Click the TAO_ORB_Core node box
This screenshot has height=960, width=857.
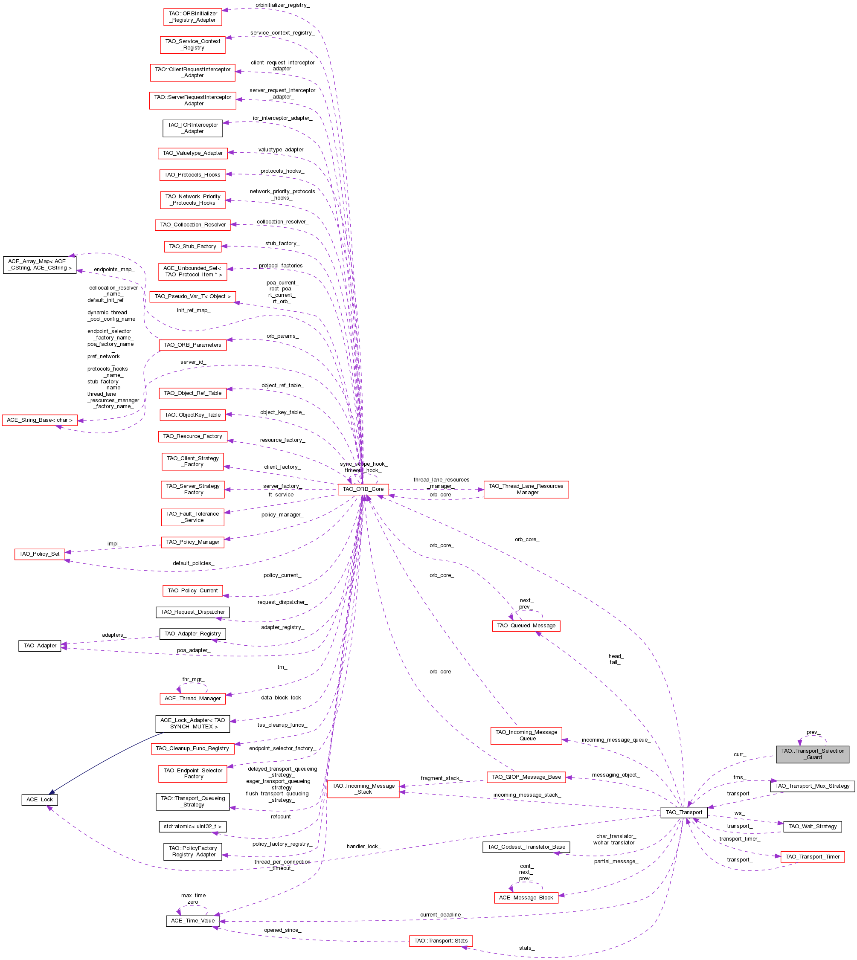coord(363,489)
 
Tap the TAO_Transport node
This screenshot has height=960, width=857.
coord(684,812)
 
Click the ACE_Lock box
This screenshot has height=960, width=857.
coord(40,800)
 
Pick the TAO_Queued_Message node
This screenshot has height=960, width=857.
coord(526,626)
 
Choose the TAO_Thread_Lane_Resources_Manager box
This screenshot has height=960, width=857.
coord(526,489)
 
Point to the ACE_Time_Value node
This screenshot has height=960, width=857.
coord(192,920)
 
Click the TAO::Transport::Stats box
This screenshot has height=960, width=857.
coord(441,941)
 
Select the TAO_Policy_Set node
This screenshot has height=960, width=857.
coord(40,554)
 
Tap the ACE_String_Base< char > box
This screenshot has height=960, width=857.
coord(40,420)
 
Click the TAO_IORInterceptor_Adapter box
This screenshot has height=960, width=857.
coord(192,128)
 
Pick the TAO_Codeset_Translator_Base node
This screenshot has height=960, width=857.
coord(526,847)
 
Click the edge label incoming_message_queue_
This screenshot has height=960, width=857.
coord(616,740)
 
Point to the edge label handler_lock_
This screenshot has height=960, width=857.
coord(363,847)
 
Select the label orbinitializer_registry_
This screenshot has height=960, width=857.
coord(282,5)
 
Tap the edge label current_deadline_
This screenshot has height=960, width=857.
coord(441,915)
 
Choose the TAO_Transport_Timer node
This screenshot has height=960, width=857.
coord(812,857)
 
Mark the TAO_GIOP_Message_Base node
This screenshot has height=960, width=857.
coord(526,777)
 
